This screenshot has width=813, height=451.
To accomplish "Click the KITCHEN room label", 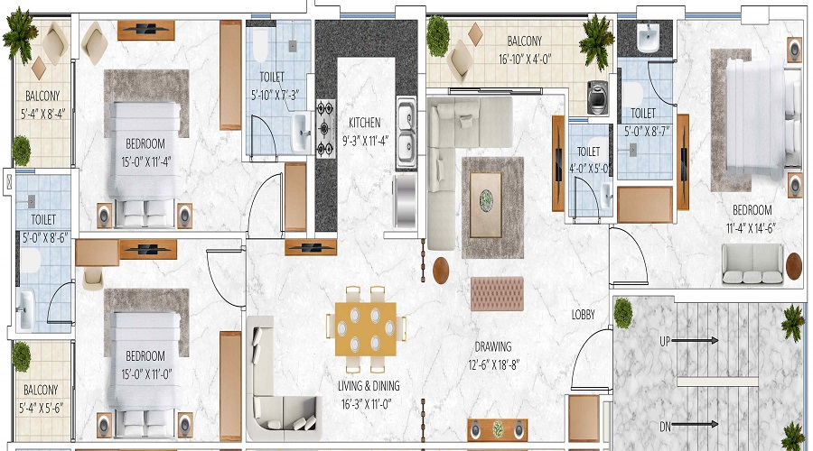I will tap(365, 123).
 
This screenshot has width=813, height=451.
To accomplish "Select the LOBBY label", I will tap(583, 315).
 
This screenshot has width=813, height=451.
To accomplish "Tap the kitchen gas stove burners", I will tap(324, 128).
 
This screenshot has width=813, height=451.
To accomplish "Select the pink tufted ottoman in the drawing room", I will tap(497, 293).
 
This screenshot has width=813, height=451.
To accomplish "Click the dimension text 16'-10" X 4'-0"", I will tap(524, 56).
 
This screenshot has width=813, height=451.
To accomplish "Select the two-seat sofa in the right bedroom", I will tap(752, 262).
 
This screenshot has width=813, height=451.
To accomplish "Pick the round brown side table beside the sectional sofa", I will tap(442, 270).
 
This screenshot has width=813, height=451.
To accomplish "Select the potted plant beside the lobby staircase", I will tap(622, 312).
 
